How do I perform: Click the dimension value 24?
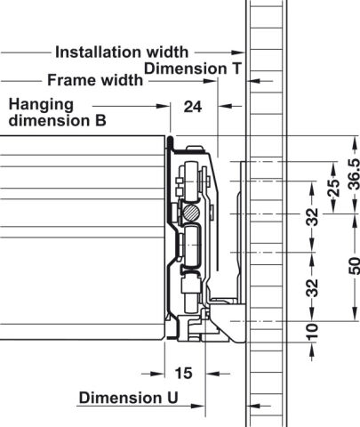(x=193, y=107)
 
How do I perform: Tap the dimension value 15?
(x=183, y=374)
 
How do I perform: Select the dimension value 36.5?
(x=354, y=174)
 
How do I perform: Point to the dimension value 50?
(x=354, y=266)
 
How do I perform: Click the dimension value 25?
(x=334, y=188)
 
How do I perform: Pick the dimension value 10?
(x=312, y=332)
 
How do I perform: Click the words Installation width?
(x=122, y=52)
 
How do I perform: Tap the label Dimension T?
(x=193, y=68)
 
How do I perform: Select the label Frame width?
(x=95, y=80)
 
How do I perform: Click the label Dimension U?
(x=129, y=398)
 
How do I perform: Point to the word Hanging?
(x=41, y=105)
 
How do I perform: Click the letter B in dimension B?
(x=100, y=121)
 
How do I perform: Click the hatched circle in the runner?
(x=190, y=213)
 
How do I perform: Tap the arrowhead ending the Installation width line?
(x=238, y=52)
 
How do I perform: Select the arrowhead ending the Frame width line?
(x=211, y=80)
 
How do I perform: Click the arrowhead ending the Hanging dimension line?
(x=163, y=106)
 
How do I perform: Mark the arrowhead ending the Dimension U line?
(x=198, y=406)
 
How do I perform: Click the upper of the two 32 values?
(x=312, y=217)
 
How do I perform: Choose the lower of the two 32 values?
(x=312, y=287)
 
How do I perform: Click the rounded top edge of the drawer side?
(x=170, y=139)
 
